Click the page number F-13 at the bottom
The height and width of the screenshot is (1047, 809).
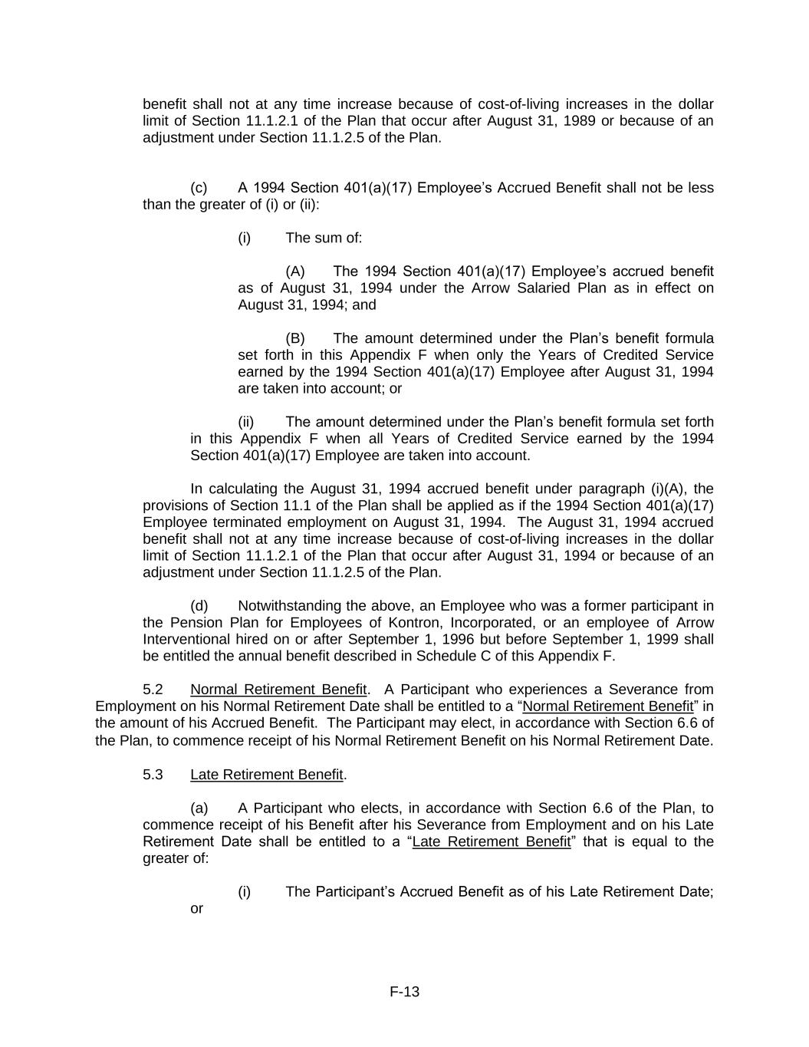404,992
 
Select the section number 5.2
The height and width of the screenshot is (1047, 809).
153,690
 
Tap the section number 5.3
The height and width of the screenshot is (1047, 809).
153,775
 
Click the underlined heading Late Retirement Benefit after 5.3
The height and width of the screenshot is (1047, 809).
266,775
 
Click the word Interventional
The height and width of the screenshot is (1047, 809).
186,640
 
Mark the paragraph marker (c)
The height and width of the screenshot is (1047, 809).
199,188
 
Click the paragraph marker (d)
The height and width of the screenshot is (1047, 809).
199,606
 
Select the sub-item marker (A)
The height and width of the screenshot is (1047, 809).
295,272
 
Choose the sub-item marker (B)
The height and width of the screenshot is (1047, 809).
295,338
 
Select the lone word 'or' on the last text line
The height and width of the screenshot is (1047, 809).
196,909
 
